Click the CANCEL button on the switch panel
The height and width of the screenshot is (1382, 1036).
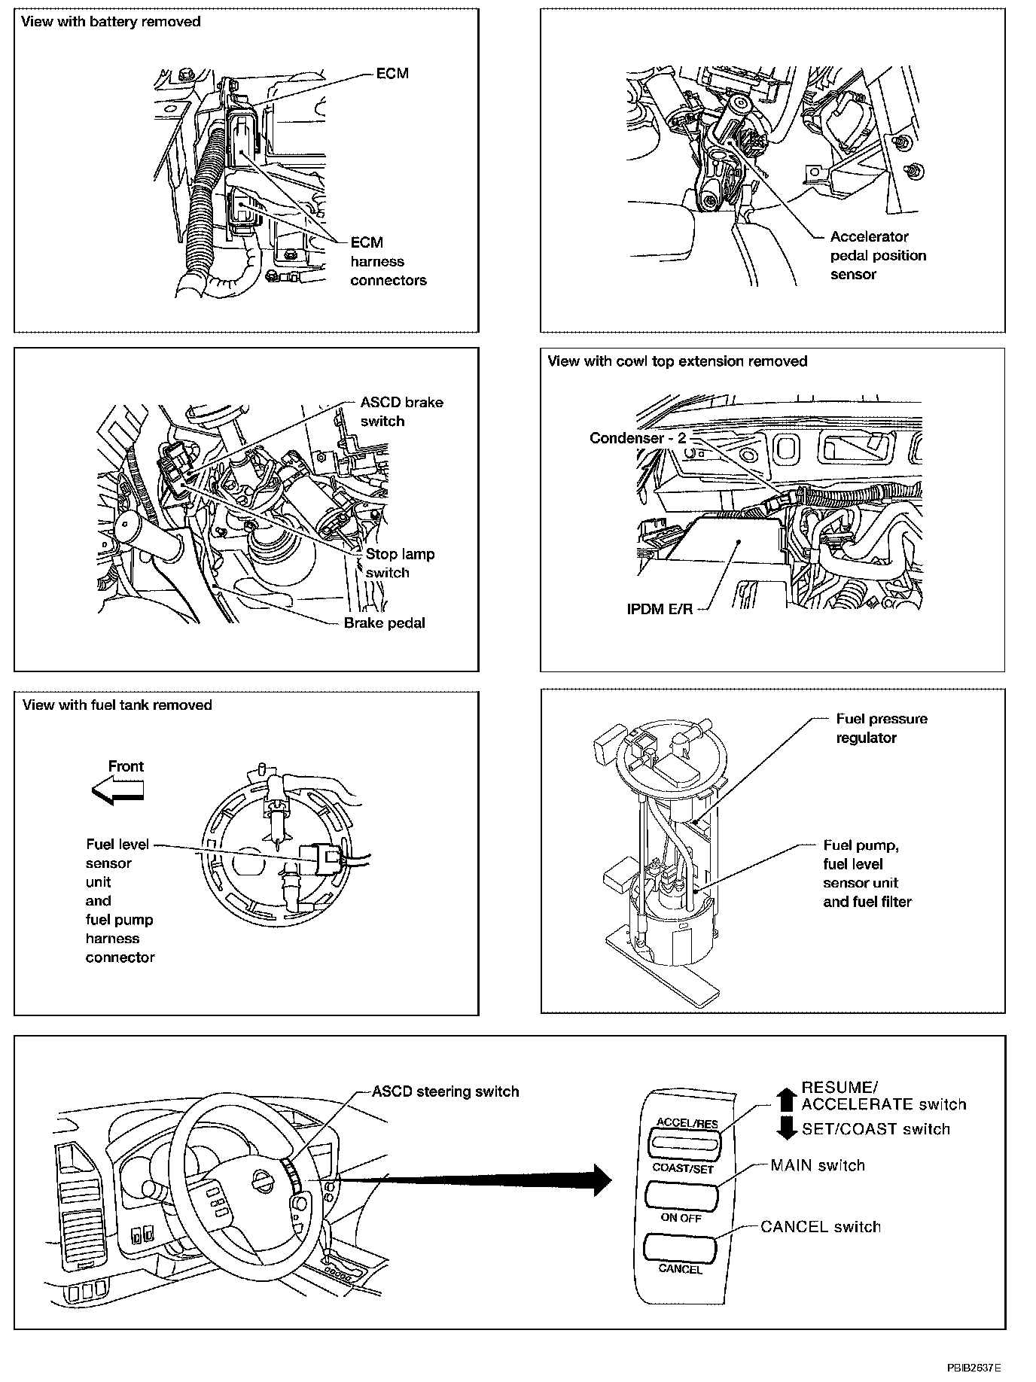678,1248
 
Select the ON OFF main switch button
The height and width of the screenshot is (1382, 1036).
681,1196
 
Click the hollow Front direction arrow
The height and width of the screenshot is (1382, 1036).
117,790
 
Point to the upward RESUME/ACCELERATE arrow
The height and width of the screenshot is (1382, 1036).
786,1100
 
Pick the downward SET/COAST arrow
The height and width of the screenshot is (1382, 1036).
786,1128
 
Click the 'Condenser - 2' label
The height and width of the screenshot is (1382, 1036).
638,438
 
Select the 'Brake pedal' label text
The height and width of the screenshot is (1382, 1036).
384,623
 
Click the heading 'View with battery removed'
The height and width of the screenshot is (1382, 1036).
111,22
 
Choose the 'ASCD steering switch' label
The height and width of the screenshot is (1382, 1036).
446,1091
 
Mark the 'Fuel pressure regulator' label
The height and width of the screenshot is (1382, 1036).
881,728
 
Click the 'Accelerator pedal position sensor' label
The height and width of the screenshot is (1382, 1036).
877,255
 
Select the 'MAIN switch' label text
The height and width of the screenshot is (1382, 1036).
818,1165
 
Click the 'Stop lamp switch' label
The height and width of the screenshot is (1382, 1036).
399,563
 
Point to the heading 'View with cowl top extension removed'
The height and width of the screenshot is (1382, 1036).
677,361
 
